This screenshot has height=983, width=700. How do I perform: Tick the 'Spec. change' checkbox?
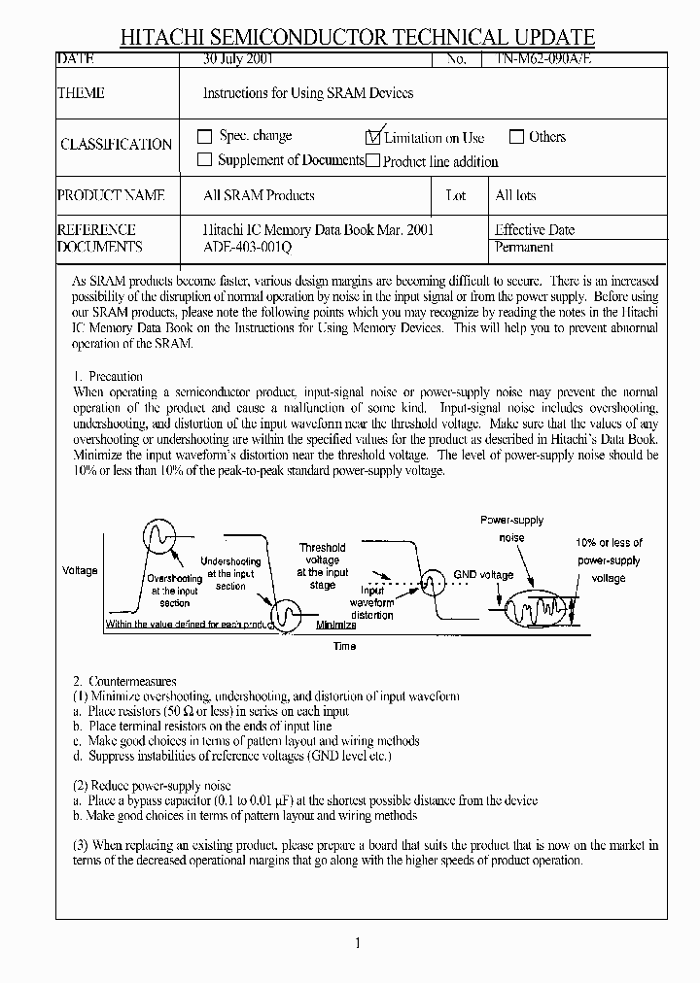pos(204,137)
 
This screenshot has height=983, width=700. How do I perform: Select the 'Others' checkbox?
pos(517,137)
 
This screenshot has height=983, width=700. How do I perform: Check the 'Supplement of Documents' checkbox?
pos(204,160)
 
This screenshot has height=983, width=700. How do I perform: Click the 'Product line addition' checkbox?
pos(372,161)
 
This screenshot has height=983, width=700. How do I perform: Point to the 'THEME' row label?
pos(82,93)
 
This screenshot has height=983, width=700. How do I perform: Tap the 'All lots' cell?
pos(515,195)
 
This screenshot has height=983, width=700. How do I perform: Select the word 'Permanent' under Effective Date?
pos(524,248)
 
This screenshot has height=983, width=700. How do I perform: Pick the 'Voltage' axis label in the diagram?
pos(80,570)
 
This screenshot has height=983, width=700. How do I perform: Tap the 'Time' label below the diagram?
pos(344,646)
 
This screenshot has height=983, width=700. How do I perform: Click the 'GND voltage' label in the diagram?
pos(483,575)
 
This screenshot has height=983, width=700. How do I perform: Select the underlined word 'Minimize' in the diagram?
pos(336,625)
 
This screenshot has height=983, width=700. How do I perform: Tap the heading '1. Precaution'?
pos(108,376)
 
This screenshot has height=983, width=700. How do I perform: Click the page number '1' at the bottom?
pos(358,942)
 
